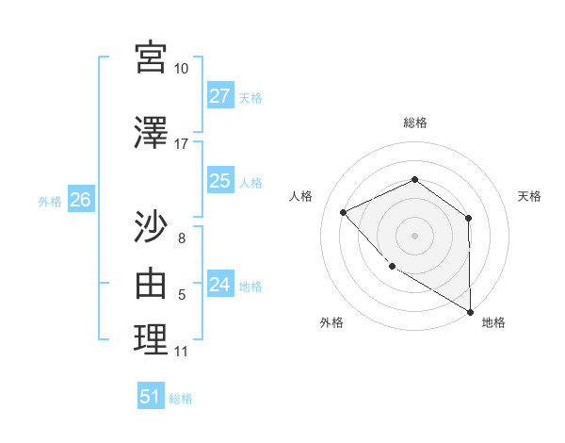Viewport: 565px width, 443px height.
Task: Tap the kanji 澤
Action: pos(151,134)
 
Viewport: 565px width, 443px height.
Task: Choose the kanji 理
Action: pos(151,339)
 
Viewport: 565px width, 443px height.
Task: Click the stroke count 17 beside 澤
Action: pos(182,144)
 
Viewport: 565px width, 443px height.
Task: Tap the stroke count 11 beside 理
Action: pos(182,352)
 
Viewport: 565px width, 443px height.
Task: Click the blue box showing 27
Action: pos(220,96)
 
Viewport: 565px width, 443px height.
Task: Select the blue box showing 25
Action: pos(220,181)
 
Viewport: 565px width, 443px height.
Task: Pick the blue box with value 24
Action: pos(220,285)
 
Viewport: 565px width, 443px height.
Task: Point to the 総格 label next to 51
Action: pos(181,399)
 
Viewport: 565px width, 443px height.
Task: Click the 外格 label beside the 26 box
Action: pos(50,202)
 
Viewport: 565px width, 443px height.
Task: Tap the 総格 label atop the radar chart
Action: pos(415,123)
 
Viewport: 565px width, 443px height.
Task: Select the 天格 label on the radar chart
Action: pos(529,196)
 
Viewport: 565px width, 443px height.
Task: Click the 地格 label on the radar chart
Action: pos(493,322)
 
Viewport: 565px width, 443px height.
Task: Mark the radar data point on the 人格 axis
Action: pos(344,212)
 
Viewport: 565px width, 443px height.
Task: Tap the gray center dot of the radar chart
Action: pos(414,235)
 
